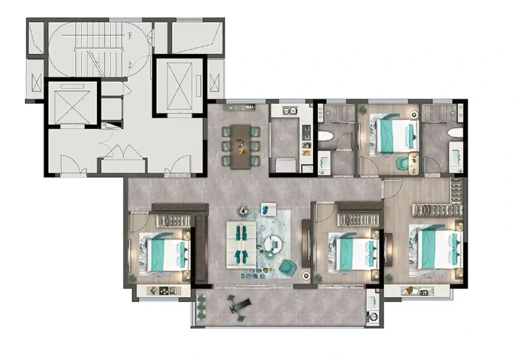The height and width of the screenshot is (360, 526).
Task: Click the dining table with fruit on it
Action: point(241,147)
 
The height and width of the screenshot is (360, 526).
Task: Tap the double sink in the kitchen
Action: point(290,111)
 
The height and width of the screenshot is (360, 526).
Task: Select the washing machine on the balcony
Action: point(373,316)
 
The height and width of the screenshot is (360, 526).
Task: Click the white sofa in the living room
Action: point(241,244)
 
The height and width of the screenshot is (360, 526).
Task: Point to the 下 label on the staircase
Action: point(129,35)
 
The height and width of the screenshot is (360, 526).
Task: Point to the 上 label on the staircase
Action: point(129,64)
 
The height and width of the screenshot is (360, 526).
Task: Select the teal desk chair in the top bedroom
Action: point(403,163)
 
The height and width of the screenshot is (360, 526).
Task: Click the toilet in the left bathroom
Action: point(325,136)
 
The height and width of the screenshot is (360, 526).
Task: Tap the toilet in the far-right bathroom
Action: point(455,133)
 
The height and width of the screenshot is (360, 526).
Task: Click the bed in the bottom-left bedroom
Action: point(165,255)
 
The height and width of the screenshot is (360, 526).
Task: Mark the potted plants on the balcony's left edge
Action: point(201,307)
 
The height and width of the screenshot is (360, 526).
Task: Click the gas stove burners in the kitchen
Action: point(306,133)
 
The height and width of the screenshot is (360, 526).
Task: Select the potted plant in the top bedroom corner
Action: point(363,110)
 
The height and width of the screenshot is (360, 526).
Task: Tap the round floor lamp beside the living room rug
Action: point(306,276)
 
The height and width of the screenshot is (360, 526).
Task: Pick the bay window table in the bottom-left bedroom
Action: point(164,291)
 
